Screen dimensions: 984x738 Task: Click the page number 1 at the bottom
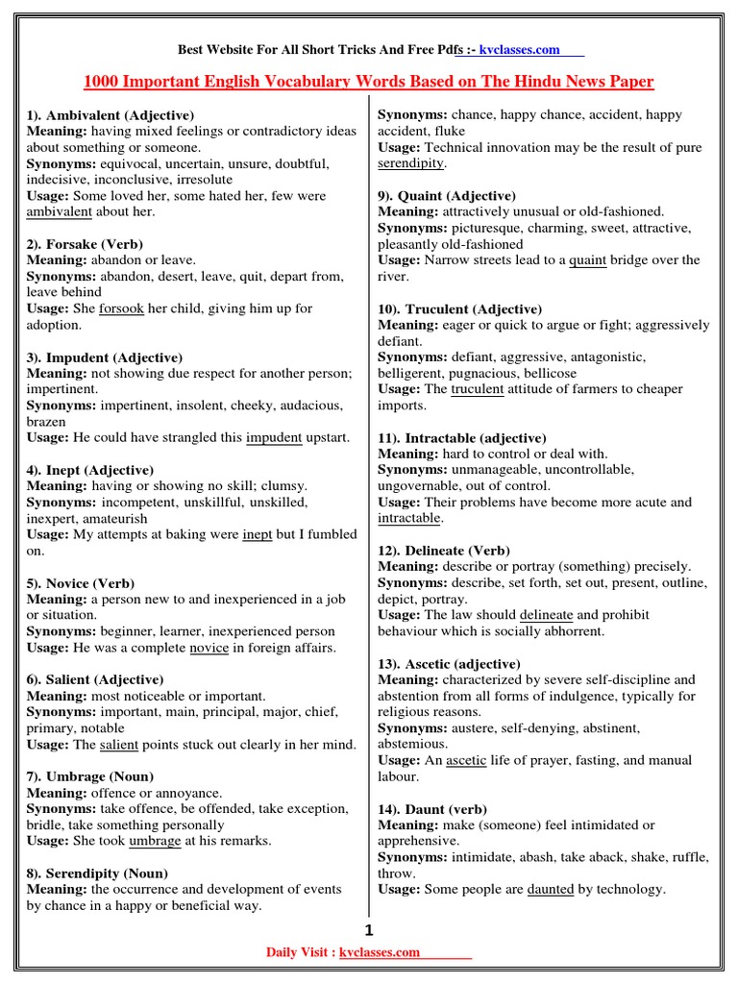368,930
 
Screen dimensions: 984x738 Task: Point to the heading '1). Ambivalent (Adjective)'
111,114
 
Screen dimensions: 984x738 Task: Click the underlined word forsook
120,308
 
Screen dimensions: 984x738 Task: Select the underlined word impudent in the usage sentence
274,437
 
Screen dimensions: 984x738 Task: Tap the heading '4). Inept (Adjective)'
90,470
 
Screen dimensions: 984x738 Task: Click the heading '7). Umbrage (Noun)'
90,775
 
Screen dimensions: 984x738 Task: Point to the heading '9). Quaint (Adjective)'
447,195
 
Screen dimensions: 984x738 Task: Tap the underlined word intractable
409,518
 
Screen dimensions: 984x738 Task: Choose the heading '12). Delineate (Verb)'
444,551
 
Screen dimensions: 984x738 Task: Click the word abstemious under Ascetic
412,744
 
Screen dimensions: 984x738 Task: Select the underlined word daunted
551,889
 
